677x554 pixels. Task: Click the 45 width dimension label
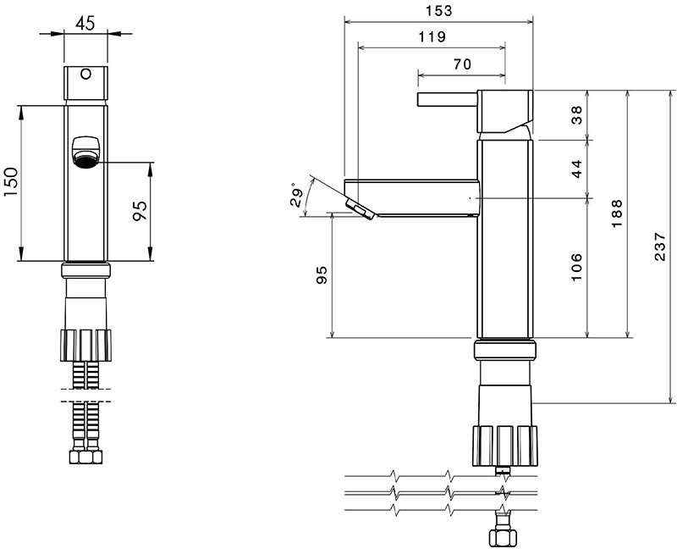tap(85, 24)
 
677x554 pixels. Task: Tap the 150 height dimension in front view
tap(12, 181)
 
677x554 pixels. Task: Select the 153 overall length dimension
tap(438, 10)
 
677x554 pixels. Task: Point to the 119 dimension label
tap(432, 36)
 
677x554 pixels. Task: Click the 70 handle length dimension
tap(462, 64)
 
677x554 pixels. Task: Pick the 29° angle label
tap(297, 196)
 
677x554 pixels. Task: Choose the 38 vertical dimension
tap(577, 115)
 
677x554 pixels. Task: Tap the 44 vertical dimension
tap(577, 169)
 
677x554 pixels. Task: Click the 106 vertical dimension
tap(577, 268)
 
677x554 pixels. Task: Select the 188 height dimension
tap(617, 213)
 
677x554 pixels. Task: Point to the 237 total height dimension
tap(661, 247)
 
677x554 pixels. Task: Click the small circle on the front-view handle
tap(86, 74)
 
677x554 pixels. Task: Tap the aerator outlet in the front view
tap(85, 158)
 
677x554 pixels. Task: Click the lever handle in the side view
tap(448, 100)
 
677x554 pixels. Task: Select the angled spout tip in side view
tap(360, 208)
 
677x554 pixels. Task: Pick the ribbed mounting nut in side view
tap(505, 452)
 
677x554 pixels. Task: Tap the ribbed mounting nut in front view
tap(85, 346)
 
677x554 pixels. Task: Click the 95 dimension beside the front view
tap(140, 211)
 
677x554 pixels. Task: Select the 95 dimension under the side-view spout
tap(322, 274)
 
